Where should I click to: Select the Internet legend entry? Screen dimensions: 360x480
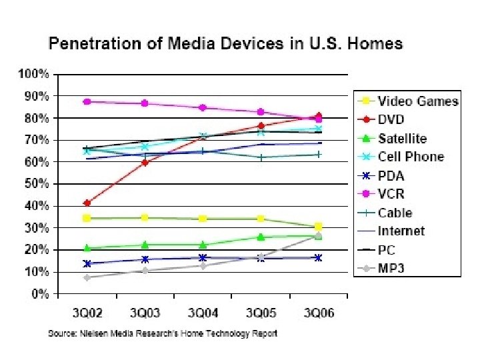401,232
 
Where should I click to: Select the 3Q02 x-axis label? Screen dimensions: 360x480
87,313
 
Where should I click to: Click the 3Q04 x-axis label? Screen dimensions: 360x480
203,313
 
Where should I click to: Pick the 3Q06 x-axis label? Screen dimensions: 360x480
319,313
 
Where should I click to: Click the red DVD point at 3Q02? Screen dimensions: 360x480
87,203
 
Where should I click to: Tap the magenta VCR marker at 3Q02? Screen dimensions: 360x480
87,102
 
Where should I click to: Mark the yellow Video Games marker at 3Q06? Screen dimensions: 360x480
319,227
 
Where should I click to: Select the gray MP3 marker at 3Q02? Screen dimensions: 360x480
87,277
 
